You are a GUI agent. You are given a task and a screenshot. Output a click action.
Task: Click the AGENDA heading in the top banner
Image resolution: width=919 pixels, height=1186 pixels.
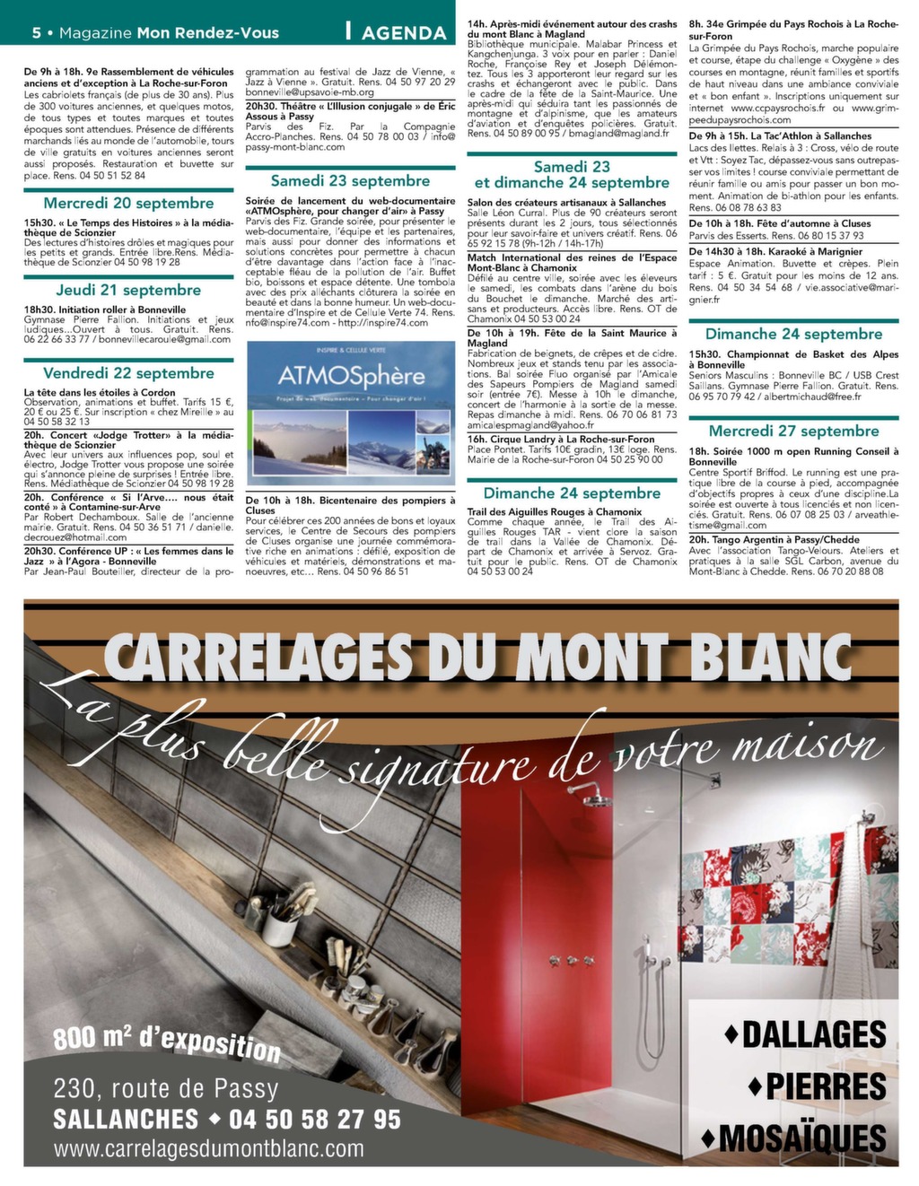pyautogui.click(x=403, y=32)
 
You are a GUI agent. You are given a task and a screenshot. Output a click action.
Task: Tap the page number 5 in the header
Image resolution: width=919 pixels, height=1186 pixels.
pyautogui.click(x=37, y=33)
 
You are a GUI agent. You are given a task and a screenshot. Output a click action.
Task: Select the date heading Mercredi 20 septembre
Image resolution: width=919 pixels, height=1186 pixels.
pyautogui.click(x=128, y=204)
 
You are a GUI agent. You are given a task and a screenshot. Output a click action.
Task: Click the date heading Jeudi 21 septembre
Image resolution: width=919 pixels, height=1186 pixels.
pyautogui.click(x=128, y=290)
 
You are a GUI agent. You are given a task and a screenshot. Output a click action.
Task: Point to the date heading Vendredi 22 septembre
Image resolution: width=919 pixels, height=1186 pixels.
pyautogui.click(x=128, y=373)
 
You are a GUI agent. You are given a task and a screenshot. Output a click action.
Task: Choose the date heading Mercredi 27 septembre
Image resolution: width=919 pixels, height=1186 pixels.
pyautogui.click(x=793, y=432)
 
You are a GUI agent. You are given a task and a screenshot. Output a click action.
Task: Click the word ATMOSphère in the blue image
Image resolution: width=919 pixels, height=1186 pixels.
pyautogui.click(x=350, y=375)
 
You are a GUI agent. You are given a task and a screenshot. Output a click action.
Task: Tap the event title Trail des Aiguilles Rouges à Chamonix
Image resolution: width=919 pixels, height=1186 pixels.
pyautogui.click(x=555, y=512)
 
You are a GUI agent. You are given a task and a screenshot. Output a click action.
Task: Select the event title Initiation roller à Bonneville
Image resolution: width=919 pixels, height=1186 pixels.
pyautogui.click(x=105, y=310)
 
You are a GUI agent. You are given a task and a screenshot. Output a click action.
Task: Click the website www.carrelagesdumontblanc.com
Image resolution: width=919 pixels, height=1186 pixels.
pyautogui.click(x=209, y=1148)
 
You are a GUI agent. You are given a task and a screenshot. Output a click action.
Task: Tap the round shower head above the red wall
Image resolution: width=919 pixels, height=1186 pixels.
pyautogui.click(x=592, y=789)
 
